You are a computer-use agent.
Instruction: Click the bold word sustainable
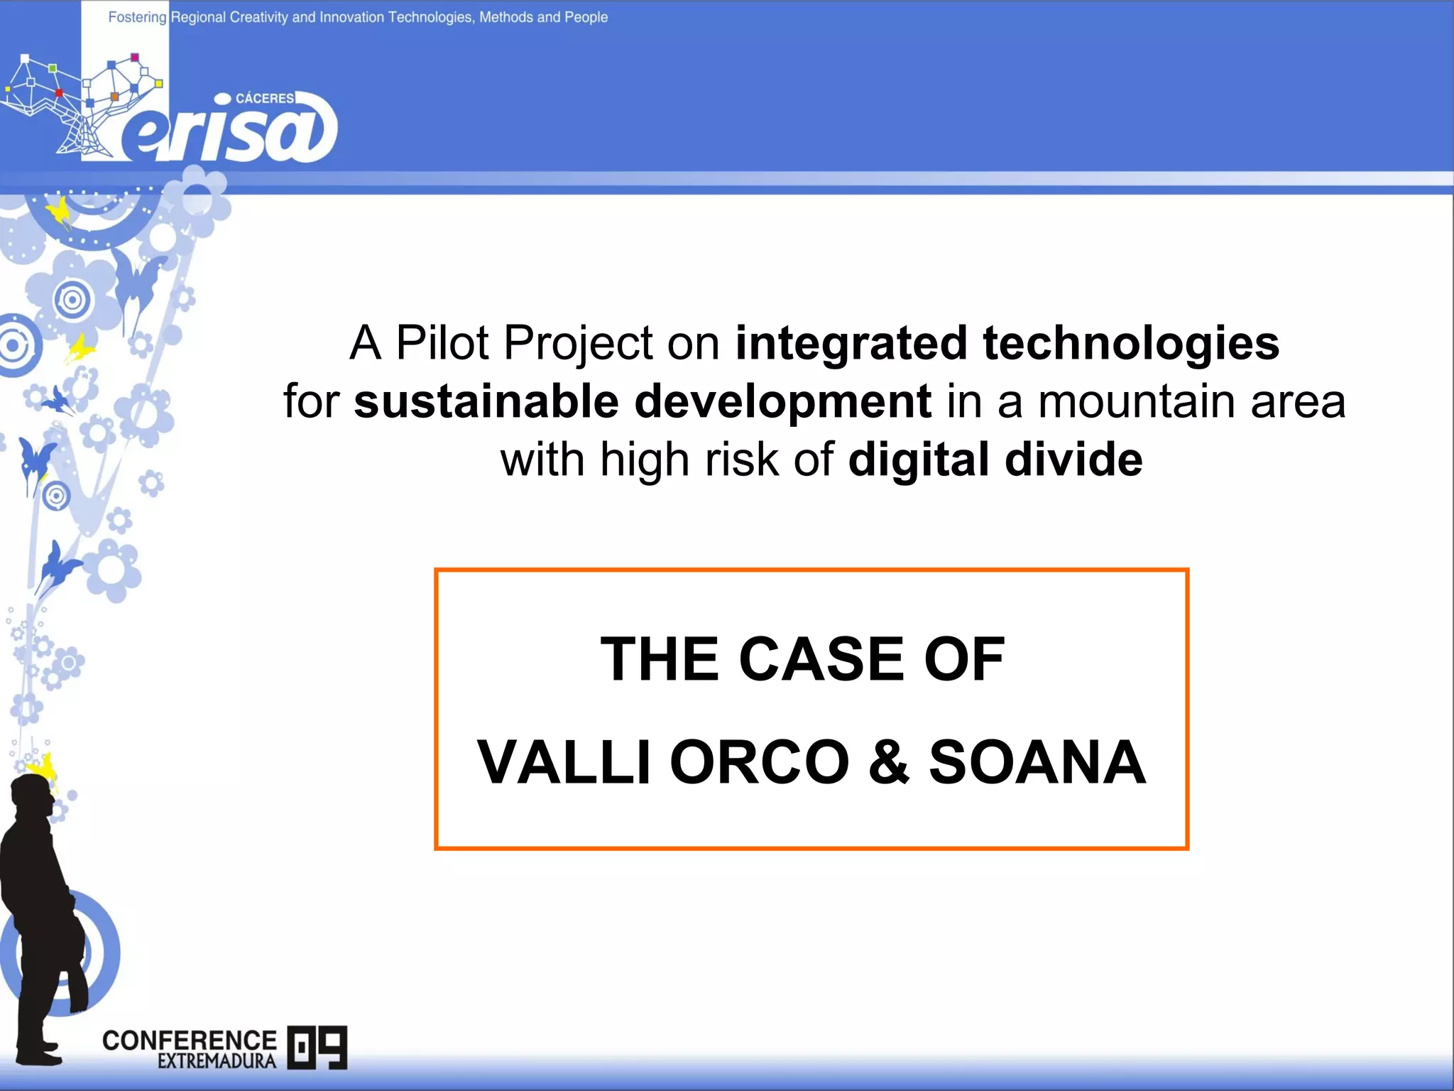pyautogui.click(x=486, y=401)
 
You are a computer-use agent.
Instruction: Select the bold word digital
pyautogui.click(x=919, y=460)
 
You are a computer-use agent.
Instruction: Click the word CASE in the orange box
pyautogui.click(x=821, y=659)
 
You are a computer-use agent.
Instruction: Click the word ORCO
pyautogui.click(x=759, y=762)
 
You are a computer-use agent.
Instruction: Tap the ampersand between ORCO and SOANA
pyautogui.click(x=889, y=762)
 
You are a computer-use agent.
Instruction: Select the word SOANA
pyautogui.click(x=1037, y=762)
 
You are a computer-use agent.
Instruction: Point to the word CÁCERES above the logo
pyautogui.click(x=264, y=99)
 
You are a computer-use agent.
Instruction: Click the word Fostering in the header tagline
pyautogui.click(x=137, y=17)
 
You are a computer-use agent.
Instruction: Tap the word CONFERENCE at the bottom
pyautogui.click(x=189, y=1041)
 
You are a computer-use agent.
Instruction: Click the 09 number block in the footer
pyautogui.click(x=317, y=1047)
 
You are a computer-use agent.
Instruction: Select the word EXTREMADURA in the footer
pyautogui.click(x=217, y=1061)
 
